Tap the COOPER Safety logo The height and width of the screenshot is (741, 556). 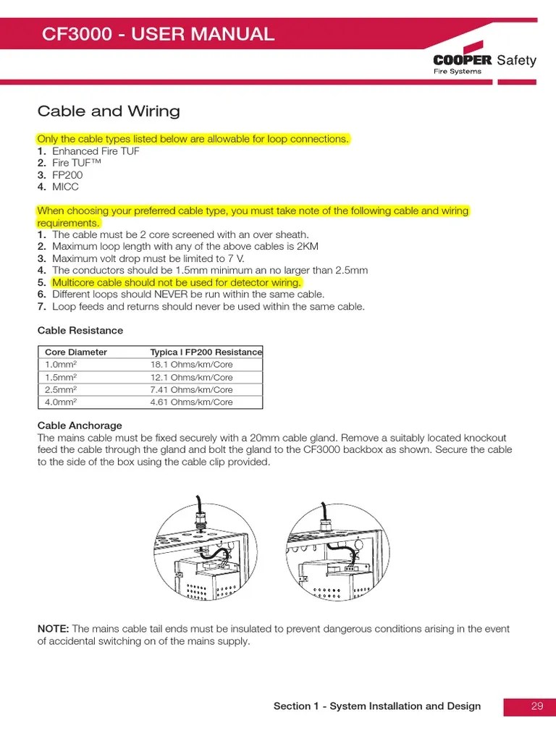pos(484,63)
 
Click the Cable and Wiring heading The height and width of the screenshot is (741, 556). pos(109,111)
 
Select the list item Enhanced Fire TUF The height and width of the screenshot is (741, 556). pos(96,151)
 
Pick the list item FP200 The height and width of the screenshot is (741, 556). pos(67,175)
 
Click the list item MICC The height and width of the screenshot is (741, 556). pos(65,187)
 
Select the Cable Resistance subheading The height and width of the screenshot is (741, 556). pos(80,331)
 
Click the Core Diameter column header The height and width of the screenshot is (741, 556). pos(76,352)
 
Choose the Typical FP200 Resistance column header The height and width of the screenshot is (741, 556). pos(206,352)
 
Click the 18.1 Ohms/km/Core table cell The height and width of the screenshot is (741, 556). pos(191,365)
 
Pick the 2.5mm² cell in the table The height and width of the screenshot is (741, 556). pos(61,389)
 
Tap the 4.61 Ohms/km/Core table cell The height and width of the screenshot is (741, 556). pos(191,402)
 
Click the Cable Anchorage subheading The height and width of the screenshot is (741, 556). pos(80,425)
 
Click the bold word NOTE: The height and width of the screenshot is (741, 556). pos(54,629)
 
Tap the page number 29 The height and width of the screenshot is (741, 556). pos(536,706)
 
